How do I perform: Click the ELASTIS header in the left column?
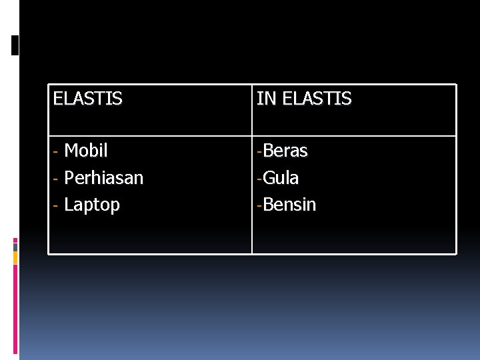87,99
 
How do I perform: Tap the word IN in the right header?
266,99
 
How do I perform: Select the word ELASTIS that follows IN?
317,99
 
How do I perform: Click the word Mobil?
86,151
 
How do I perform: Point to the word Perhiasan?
103,178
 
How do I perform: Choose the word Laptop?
92,205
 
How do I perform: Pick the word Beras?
285,151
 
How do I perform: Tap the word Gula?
281,178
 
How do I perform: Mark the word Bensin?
289,205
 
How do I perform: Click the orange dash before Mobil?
57,152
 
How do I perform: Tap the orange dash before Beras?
259,152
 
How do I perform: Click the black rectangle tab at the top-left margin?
15,45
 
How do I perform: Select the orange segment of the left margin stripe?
15,258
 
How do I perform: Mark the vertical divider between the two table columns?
251,193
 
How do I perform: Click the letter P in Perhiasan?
69,178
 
